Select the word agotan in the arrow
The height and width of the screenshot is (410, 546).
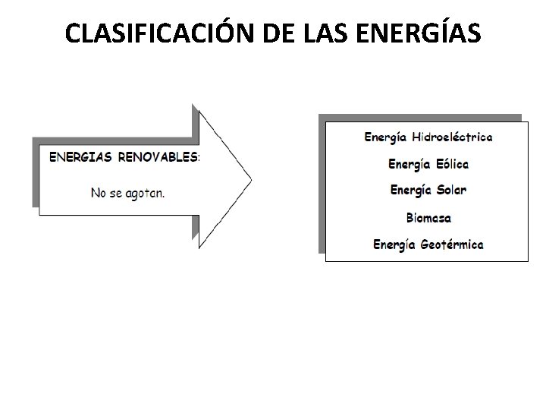point(144,193)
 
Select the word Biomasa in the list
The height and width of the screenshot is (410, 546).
point(428,218)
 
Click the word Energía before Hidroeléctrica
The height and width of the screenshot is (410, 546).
point(385,138)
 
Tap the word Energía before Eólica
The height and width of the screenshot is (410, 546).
point(408,164)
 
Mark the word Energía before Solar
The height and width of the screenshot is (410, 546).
point(409,190)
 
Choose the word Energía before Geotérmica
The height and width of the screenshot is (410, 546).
point(394,245)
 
